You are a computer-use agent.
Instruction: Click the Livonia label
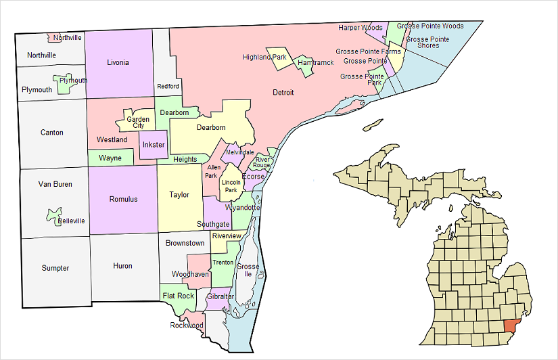click(118, 63)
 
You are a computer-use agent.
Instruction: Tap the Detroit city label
click(283, 92)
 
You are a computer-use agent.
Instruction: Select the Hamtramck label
click(316, 63)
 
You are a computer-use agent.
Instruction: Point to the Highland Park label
click(266, 58)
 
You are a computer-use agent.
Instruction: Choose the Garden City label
click(139, 122)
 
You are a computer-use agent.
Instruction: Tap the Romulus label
click(123, 199)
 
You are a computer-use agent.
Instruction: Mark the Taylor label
click(179, 195)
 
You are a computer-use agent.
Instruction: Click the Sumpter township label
click(55, 268)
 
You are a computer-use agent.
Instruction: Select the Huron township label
click(122, 266)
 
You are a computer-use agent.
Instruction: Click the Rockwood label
click(186, 325)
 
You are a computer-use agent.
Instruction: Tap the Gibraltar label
click(220, 297)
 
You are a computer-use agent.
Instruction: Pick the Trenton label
click(223, 263)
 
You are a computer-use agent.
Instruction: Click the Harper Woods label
click(361, 28)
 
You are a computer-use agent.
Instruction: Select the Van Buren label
click(55, 184)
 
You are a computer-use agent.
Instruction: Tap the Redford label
click(168, 87)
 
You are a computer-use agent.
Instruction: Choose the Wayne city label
click(110, 158)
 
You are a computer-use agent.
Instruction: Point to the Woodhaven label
click(190, 274)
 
